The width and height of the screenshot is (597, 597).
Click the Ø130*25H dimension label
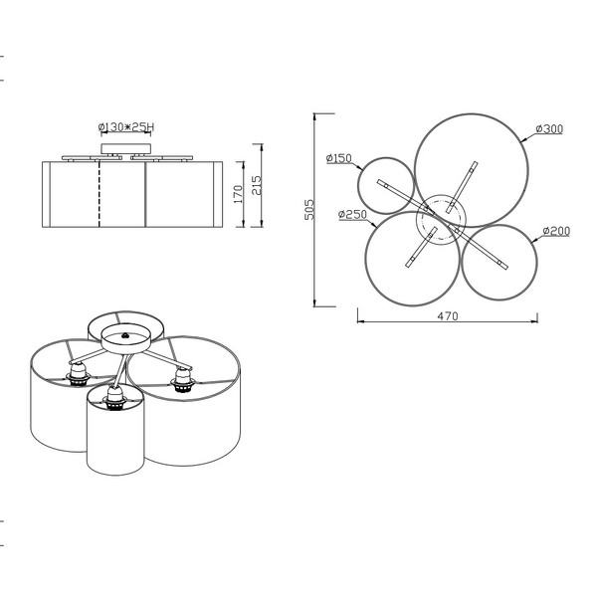click(126, 126)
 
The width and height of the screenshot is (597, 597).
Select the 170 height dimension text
click(238, 194)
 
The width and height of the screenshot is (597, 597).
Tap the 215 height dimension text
click(257, 185)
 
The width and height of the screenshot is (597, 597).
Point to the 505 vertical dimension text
click(309, 209)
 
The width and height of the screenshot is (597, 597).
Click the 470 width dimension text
click(448, 316)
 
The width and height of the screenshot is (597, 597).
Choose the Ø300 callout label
click(549, 128)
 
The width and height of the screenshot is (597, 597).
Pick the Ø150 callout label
click(339, 158)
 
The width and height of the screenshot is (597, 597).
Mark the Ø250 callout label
click(352, 214)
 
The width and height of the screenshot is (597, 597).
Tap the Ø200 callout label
click(556, 231)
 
